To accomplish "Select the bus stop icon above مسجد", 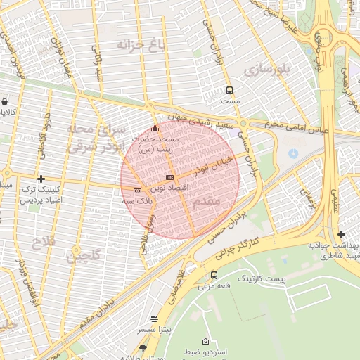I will pyautogui.click(x=229, y=89).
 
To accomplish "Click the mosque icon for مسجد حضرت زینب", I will pyautogui.click(x=155, y=128).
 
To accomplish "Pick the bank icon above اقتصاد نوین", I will pyautogui.click(x=169, y=177).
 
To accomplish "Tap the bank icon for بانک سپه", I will pyautogui.click(x=136, y=191).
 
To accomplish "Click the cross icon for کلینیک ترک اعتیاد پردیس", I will pyautogui.click(x=41, y=179).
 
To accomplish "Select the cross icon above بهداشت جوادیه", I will pyautogui.click(x=341, y=234).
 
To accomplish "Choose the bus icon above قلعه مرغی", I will pyautogui.click(x=214, y=275).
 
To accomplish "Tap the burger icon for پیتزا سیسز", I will pyautogui.click(x=154, y=318).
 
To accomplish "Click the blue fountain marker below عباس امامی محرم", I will pyautogui.click(x=293, y=153).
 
